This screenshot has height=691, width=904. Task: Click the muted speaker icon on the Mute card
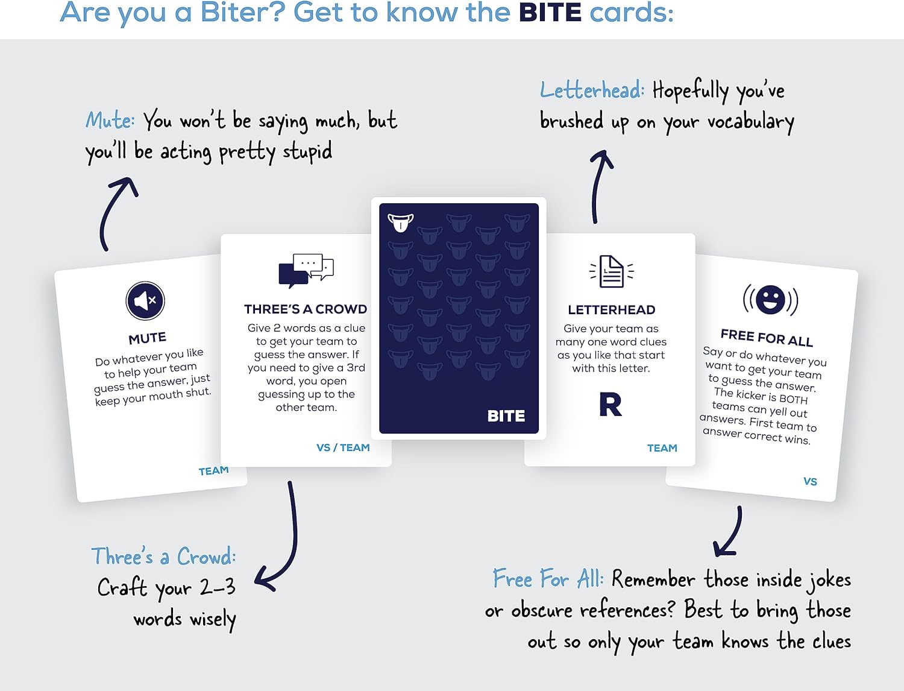click(145, 300)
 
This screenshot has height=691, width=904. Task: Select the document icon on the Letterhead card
click(611, 271)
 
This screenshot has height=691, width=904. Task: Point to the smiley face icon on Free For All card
click(770, 299)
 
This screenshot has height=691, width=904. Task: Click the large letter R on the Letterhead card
click(611, 405)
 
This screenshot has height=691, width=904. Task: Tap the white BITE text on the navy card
click(506, 416)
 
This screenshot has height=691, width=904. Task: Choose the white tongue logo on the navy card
click(401, 222)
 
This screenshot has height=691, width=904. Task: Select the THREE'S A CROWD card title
click(306, 309)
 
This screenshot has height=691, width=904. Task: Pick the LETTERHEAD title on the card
click(611, 310)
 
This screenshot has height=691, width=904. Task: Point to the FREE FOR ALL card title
click(767, 338)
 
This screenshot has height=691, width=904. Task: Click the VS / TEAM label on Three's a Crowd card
click(343, 447)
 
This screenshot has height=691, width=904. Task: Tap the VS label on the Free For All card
click(810, 481)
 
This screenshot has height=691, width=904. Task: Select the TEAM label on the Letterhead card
click(662, 448)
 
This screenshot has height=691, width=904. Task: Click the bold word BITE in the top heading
click(550, 13)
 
